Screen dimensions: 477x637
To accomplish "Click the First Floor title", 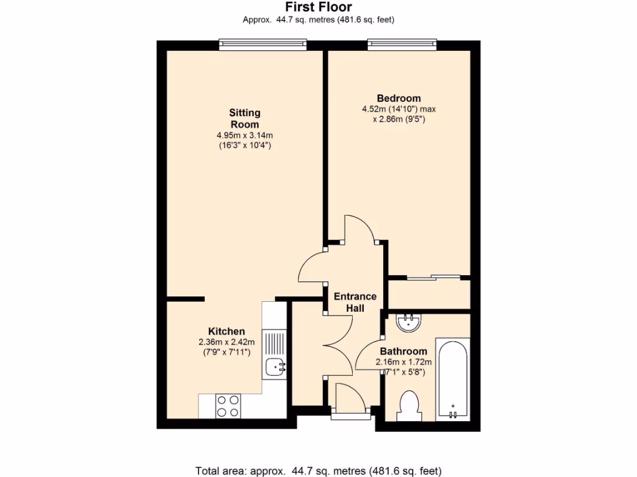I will click(x=318, y=7).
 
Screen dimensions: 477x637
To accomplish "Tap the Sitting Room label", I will click(x=244, y=118).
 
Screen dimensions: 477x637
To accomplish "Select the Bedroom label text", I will click(x=399, y=98).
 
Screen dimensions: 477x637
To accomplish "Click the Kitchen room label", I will click(x=226, y=331).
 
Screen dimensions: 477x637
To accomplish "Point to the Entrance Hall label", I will click(x=355, y=302).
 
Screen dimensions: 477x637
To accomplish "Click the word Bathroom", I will click(x=404, y=351).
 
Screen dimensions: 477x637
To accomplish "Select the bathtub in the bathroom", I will click(x=453, y=379).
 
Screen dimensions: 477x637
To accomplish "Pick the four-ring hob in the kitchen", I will click(x=228, y=406).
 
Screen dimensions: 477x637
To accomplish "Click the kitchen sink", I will click(x=274, y=368).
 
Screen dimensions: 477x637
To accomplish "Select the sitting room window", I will click(x=263, y=43).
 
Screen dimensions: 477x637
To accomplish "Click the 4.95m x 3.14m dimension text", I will click(x=244, y=135).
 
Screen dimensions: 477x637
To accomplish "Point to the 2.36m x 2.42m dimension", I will click(x=226, y=342).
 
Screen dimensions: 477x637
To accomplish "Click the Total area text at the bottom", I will click(x=318, y=470).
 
